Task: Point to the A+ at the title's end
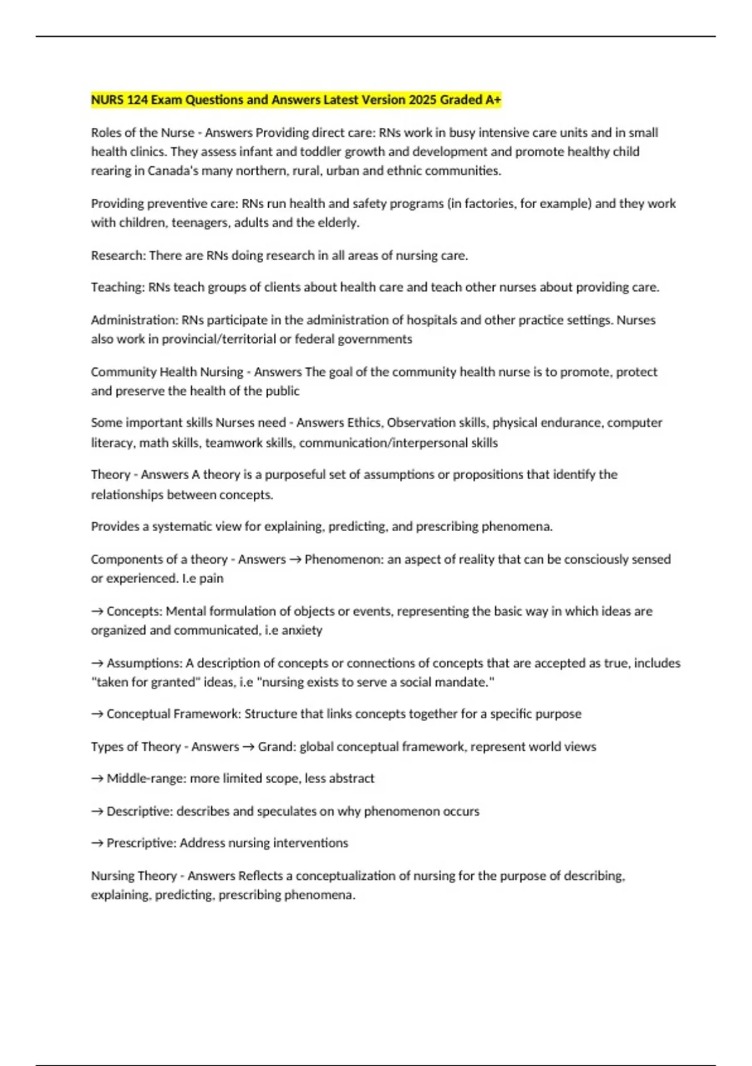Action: [x=493, y=100]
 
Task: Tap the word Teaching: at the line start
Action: [x=118, y=287]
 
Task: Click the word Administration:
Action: [x=135, y=320]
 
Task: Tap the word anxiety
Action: [x=302, y=630]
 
